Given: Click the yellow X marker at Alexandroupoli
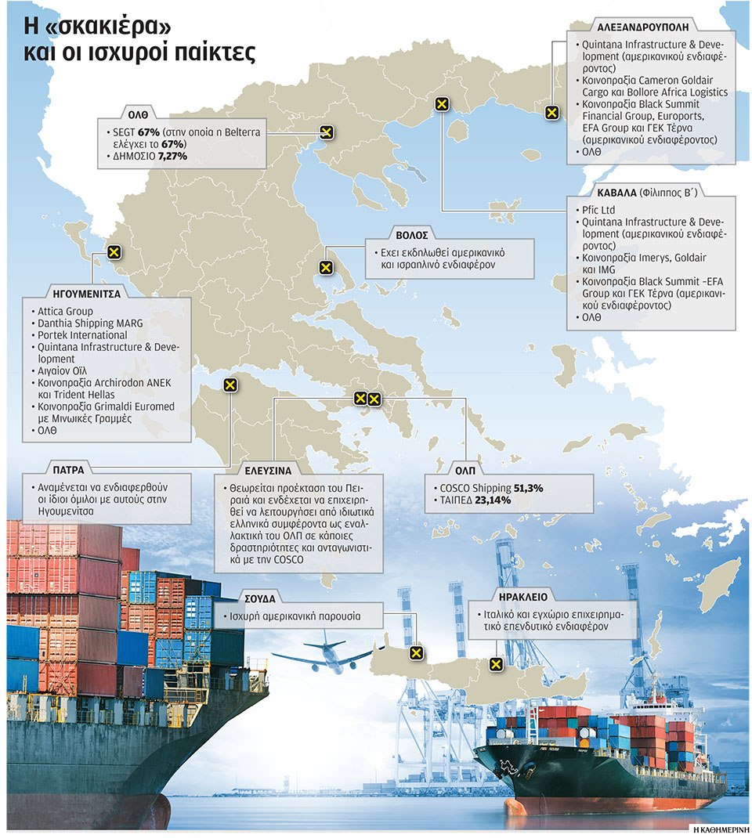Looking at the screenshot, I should pyautogui.click(x=551, y=113).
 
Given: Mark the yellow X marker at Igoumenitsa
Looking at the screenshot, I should pyautogui.click(x=114, y=252).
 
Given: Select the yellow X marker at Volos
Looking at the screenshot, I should pyautogui.click(x=326, y=268).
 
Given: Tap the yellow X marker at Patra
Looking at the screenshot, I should pyautogui.click(x=230, y=385).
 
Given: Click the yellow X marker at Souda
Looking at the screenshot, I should pyautogui.click(x=417, y=652).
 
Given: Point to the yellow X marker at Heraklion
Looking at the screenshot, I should pyautogui.click(x=495, y=664).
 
